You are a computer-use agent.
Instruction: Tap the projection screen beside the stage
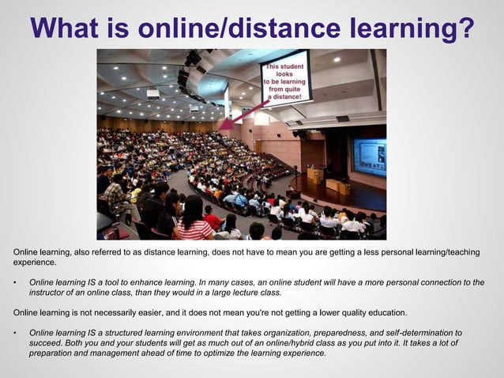point(369,156)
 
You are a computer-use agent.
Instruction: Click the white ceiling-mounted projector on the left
point(152,93)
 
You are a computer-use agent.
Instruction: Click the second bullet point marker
point(16,334)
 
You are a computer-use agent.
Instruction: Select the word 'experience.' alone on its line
point(36,262)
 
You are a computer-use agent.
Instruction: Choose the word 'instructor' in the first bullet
point(48,292)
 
